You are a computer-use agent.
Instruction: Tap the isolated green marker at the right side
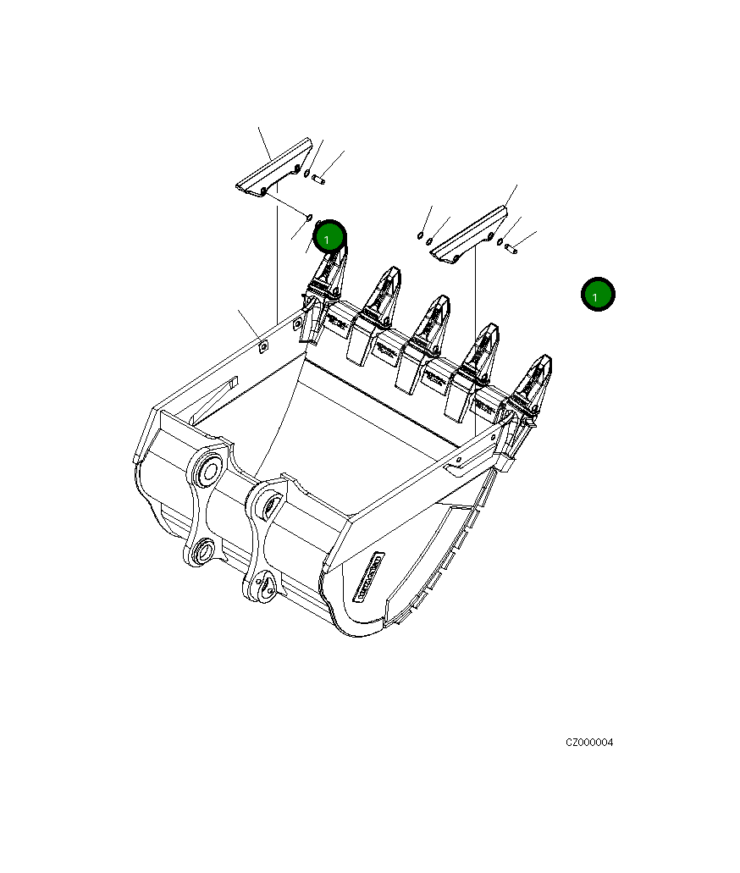click(x=598, y=295)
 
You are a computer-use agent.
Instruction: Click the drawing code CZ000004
click(x=589, y=743)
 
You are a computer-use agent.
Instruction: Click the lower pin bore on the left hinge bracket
click(x=202, y=554)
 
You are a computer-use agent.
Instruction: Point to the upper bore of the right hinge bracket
click(x=269, y=506)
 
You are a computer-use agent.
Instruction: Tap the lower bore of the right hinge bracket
click(x=265, y=585)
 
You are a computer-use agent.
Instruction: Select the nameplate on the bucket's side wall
click(x=369, y=577)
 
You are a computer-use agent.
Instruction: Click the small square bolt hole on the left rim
click(x=262, y=345)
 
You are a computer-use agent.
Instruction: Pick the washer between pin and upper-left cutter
click(x=306, y=173)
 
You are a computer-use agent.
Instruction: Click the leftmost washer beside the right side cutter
click(x=421, y=235)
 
